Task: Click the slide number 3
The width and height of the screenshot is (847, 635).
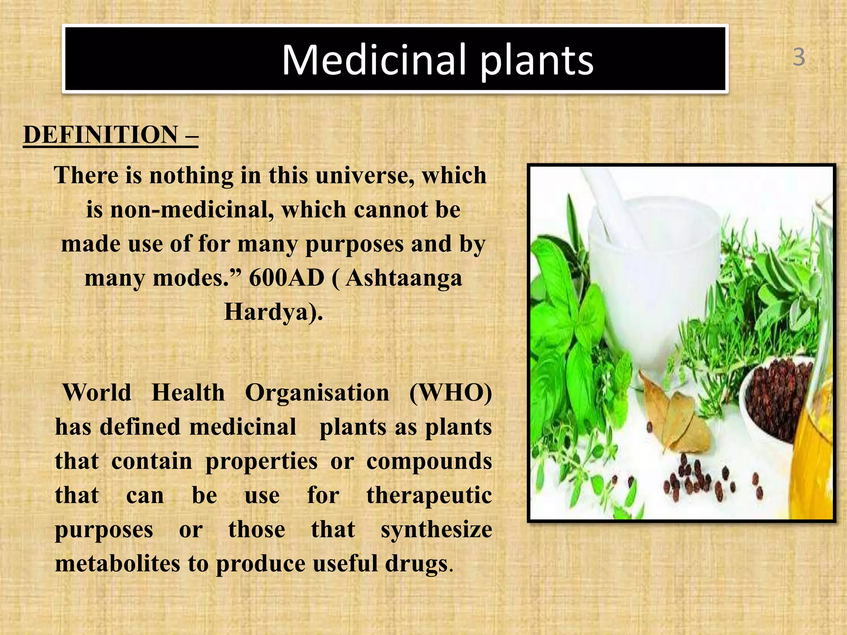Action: (x=799, y=57)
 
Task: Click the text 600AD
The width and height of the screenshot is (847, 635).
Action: (x=287, y=278)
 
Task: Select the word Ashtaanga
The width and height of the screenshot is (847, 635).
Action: (x=404, y=278)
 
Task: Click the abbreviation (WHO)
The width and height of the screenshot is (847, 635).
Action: (x=450, y=393)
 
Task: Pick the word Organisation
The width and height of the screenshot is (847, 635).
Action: (x=317, y=393)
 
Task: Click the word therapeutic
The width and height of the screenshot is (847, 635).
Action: (x=429, y=496)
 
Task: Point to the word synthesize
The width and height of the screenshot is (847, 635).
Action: (x=436, y=530)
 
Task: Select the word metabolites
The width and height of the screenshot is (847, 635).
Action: (x=117, y=564)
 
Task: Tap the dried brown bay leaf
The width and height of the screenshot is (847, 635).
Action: (x=678, y=418)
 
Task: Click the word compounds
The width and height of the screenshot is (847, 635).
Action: (x=429, y=461)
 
